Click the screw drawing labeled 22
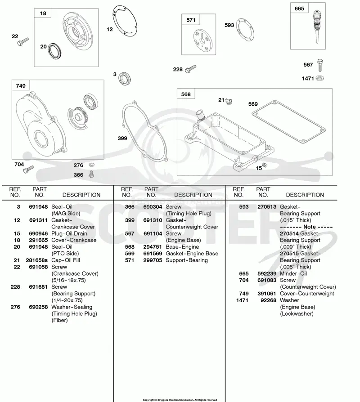tap(23, 42)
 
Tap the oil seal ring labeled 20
tap(54, 51)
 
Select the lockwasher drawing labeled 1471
tap(319, 78)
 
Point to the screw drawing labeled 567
tap(320, 65)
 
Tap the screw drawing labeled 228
tap(190, 69)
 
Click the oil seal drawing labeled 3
tap(125, 79)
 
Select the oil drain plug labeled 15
tap(265, 165)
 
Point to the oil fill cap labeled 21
tap(229, 102)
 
